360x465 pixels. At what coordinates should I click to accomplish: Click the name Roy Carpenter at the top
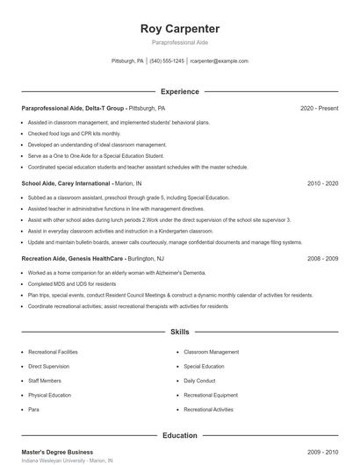click(179, 28)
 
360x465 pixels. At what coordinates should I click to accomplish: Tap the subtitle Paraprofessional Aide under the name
click(179, 41)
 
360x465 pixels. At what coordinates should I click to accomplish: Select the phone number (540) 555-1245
click(167, 61)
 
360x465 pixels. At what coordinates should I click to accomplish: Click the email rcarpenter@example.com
click(219, 61)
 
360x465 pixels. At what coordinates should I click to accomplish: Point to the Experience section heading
click(179, 91)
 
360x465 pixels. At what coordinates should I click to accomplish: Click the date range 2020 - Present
click(319, 108)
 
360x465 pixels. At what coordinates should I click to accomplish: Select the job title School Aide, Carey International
click(67, 183)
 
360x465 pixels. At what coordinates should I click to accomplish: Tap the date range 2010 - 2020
click(322, 183)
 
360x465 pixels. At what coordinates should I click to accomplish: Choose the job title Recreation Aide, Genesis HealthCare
click(74, 259)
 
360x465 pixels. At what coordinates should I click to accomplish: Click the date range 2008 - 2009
click(322, 259)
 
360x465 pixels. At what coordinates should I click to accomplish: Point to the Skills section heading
click(179, 333)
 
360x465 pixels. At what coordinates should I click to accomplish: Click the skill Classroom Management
click(211, 352)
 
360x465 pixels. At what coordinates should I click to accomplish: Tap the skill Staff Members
click(45, 381)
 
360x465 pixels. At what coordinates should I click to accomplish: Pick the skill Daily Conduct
click(201, 381)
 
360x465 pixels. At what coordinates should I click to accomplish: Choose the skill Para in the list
click(33, 409)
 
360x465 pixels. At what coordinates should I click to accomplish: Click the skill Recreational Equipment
click(211, 395)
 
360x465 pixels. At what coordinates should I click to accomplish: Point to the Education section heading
click(179, 435)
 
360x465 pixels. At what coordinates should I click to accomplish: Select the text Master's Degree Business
click(56, 452)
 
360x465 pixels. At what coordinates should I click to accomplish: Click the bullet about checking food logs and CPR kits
click(75, 133)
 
